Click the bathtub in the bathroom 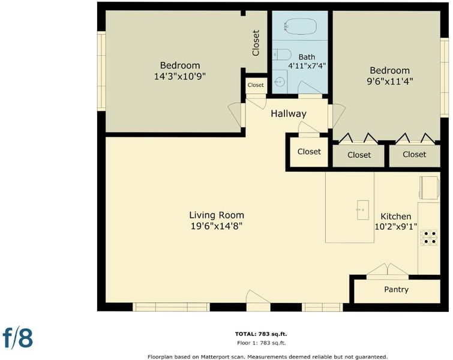coord(300,26)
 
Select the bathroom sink coord(280,82)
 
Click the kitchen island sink coord(362,210)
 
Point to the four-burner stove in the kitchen coord(429,237)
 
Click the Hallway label coord(289,113)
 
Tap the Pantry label coord(396,289)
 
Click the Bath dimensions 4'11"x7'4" coord(307,66)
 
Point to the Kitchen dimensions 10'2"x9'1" coord(396,227)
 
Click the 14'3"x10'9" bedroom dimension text coord(179,77)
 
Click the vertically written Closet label coord(256,43)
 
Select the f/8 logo coord(17,337)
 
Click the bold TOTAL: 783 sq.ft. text coord(261,334)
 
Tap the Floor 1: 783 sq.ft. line coord(261,343)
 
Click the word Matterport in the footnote coord(214,357)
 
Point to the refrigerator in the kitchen coord(430,188)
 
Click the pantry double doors coord(388,272)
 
